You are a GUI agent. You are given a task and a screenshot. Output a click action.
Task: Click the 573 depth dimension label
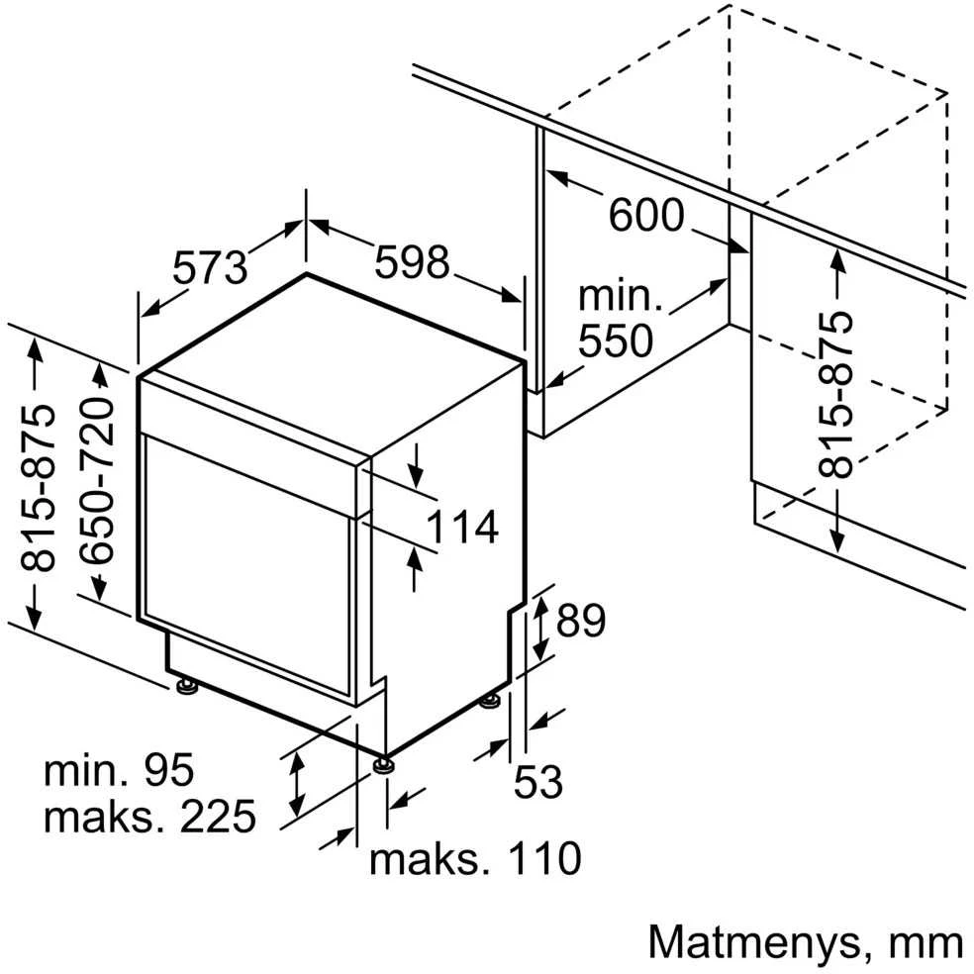click(210, 267)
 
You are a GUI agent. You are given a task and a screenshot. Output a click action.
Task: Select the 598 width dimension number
click(411, 261)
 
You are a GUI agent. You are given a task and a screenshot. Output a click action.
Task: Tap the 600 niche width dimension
click(646, 215)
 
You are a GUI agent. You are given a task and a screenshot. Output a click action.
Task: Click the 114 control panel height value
click(462, 527)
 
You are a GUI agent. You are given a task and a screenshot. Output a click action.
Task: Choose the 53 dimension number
click(537, 781)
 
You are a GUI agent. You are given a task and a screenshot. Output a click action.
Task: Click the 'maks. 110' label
click(475, 858)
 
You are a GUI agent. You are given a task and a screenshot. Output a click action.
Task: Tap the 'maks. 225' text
click(149, 816)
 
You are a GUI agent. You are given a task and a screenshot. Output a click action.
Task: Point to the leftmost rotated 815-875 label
click(38, 488)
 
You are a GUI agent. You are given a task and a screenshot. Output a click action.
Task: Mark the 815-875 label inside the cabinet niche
click(835, 395)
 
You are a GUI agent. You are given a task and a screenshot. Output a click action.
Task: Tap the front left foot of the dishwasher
click(186, 685)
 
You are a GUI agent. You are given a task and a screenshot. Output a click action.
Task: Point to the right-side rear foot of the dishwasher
click(490, 702)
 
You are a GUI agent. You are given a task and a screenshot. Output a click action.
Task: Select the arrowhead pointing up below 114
click(415, 562)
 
